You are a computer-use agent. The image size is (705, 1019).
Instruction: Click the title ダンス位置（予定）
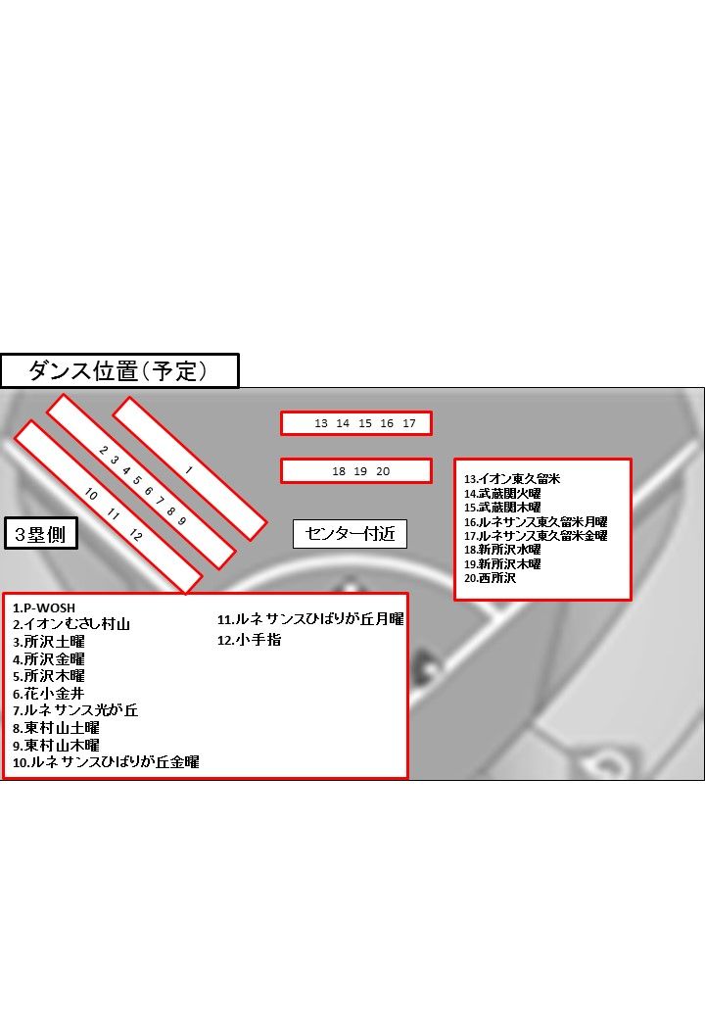[x=119, y=371]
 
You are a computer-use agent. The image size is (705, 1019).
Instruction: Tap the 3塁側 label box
[x=41, y=534]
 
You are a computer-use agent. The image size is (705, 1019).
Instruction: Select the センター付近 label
[x=350, y=534]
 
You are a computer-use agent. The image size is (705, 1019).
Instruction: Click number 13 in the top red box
[x=321, y=423]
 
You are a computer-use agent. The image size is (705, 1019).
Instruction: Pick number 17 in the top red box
[x=409, y=423]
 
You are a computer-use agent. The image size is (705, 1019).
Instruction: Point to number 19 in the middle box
[x=360, y=471]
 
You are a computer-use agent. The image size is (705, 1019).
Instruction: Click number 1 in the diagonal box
[x=188, y=470]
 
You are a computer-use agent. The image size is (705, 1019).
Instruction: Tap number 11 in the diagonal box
[x=113, y=514]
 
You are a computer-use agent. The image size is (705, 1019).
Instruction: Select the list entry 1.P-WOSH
[x=44, y=608]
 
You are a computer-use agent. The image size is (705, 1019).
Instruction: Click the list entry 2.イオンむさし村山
[x=71, y=624]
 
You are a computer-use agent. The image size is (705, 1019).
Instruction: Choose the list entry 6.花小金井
[x=49, y=694]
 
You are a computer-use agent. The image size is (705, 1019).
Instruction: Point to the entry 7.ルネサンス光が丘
[x=75, y=710]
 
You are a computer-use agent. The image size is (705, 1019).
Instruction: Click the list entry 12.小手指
[x=250, y=640]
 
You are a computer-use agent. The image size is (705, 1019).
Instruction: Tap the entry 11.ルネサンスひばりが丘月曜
[x=310, y=619]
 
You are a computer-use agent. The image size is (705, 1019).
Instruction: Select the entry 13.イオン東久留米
[x=512, y=479]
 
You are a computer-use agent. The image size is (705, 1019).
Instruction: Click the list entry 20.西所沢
[x=491, y=578]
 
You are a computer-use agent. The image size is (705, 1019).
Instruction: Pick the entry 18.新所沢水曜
[x=502, y=550]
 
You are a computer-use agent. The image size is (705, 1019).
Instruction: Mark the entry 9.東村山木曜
[x=56, y=746]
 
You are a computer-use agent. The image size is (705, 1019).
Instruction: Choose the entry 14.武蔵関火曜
[x=502, y=493]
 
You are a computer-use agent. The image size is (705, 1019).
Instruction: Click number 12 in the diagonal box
[x=135, y=535]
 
